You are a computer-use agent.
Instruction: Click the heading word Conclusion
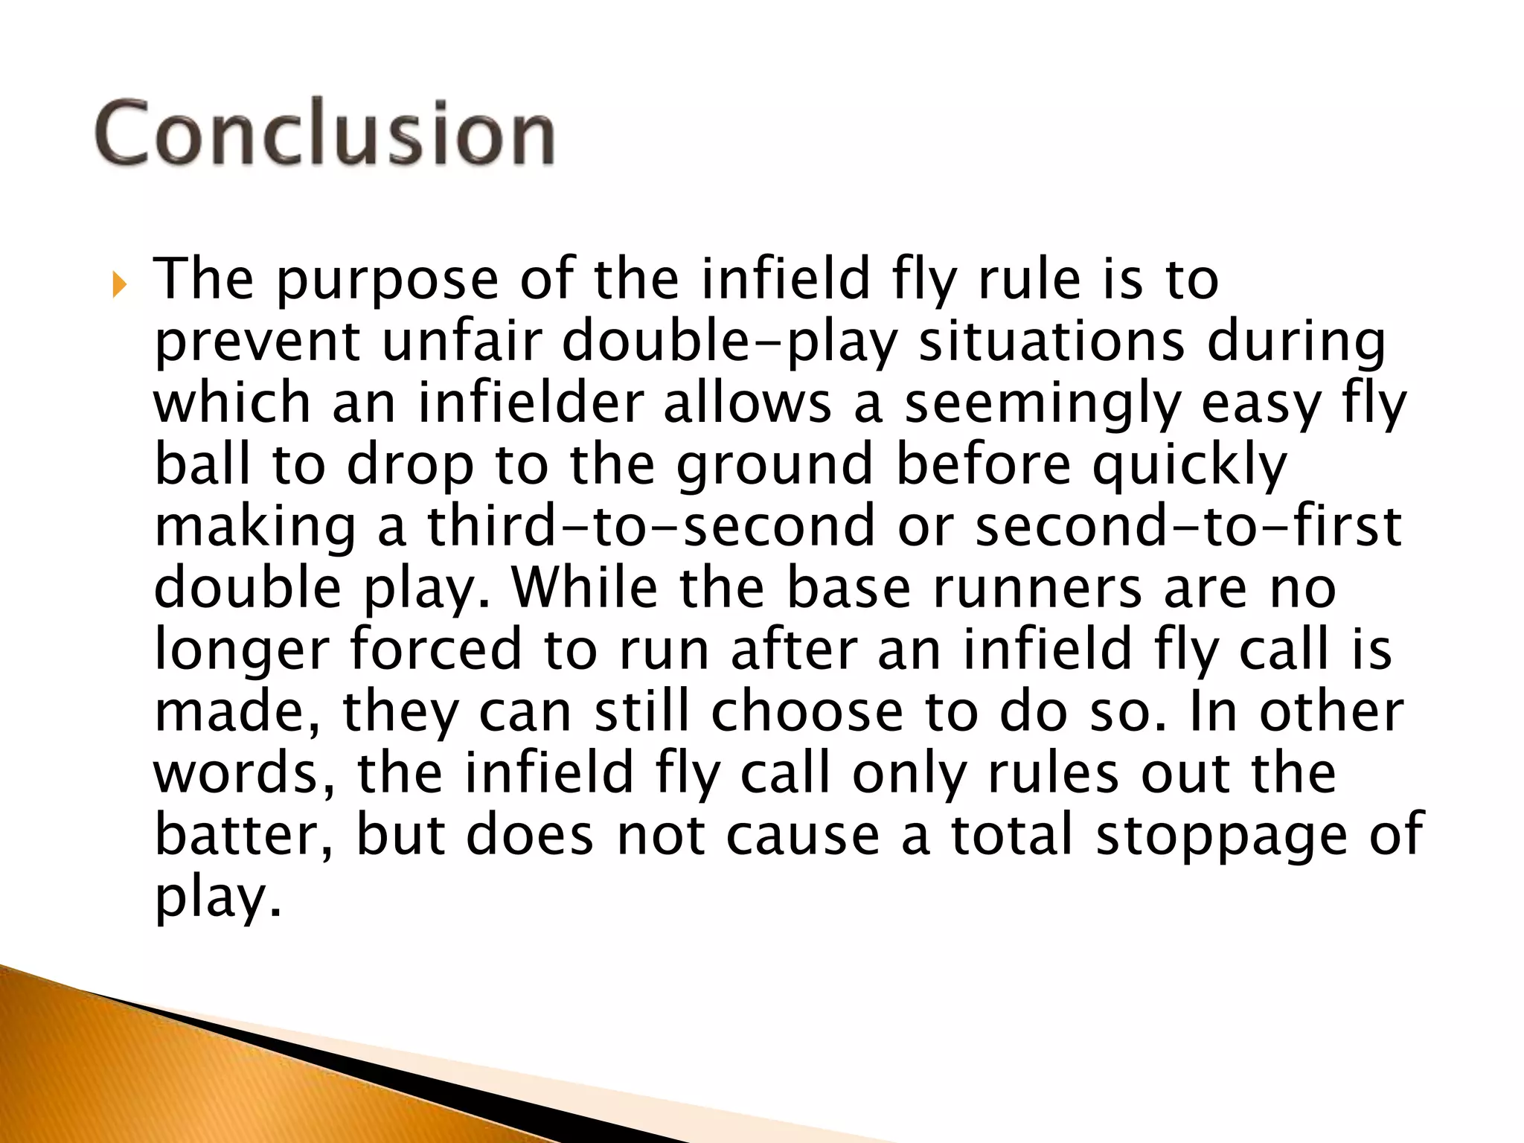324,134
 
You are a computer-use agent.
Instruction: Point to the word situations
1051,342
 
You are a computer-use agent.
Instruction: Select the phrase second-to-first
1188,525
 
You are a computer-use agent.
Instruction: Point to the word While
585,587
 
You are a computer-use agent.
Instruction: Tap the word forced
436,649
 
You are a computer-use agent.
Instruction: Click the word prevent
257,343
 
